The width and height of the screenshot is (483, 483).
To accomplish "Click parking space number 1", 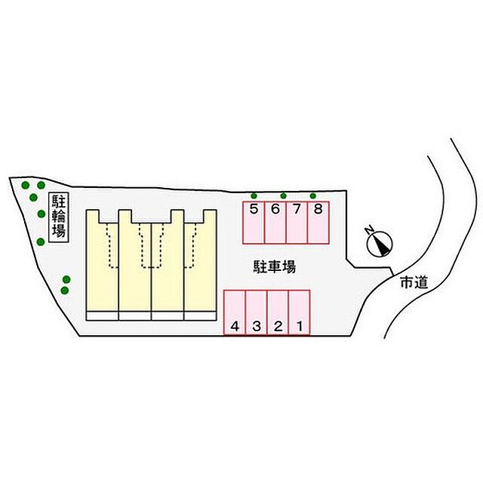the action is pos(299,312).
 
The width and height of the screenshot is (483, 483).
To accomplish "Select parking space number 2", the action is pos(278,312).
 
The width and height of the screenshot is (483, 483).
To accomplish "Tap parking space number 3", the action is pos(257,312).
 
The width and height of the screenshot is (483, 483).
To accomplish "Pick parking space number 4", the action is pos(235,312).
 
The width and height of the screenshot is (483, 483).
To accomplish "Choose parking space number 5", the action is pos(254,223).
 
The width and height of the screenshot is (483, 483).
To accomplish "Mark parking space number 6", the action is pos(275,223).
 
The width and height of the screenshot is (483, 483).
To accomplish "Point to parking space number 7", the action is pos(297,223).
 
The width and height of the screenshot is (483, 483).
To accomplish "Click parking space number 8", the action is pos(318,223).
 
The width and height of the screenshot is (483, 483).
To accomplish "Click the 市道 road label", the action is pos(414,282).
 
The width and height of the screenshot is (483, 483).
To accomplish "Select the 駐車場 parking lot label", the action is pos(275,266).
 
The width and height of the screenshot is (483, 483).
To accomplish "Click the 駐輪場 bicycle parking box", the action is pos(59,217).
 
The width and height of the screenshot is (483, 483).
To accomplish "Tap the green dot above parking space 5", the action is pos(254,196).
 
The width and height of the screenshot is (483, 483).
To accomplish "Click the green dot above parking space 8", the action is pos(313,196).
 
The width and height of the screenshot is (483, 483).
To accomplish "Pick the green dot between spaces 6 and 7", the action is pos(284,196).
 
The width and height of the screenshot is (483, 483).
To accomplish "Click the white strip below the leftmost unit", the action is pos(103,316).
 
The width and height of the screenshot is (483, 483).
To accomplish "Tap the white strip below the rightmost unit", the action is pos(200,316).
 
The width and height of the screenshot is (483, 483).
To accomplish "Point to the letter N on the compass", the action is pos(369,230).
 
